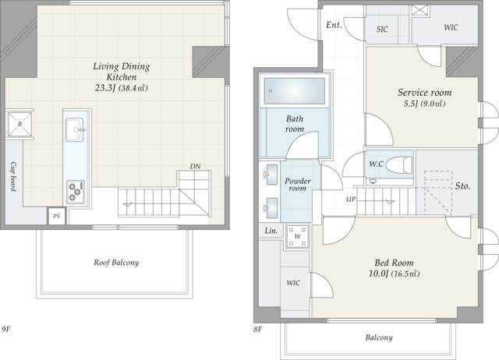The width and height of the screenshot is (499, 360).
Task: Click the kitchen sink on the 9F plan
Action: (75, 130)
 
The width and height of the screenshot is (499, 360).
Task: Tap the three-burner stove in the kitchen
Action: (76, 192)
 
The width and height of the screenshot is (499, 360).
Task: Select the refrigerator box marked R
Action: (19, 125)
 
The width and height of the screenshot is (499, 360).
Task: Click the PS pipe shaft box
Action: (56, 217)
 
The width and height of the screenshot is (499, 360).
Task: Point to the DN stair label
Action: (195, 166)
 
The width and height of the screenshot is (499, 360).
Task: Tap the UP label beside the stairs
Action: (351, 199)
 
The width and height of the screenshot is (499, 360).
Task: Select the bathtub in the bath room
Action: (295, 91)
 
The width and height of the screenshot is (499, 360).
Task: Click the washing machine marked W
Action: (297, 236)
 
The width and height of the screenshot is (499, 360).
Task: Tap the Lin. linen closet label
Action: (271, 231)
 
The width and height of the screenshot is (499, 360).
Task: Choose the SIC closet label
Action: (382, 30)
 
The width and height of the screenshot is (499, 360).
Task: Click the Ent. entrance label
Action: (334, 25)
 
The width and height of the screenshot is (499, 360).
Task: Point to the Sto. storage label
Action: (462, 185)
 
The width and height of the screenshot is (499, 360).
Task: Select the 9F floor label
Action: (6, 329)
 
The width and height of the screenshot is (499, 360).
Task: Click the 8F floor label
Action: (258, 330)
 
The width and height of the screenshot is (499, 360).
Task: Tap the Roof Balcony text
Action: (116, 263)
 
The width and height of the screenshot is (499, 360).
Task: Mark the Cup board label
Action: (13, 177)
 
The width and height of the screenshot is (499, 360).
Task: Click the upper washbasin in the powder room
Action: (271, 175)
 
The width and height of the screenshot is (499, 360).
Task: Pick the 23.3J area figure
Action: (104, 88)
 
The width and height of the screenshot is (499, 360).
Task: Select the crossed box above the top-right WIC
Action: (419, 10)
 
